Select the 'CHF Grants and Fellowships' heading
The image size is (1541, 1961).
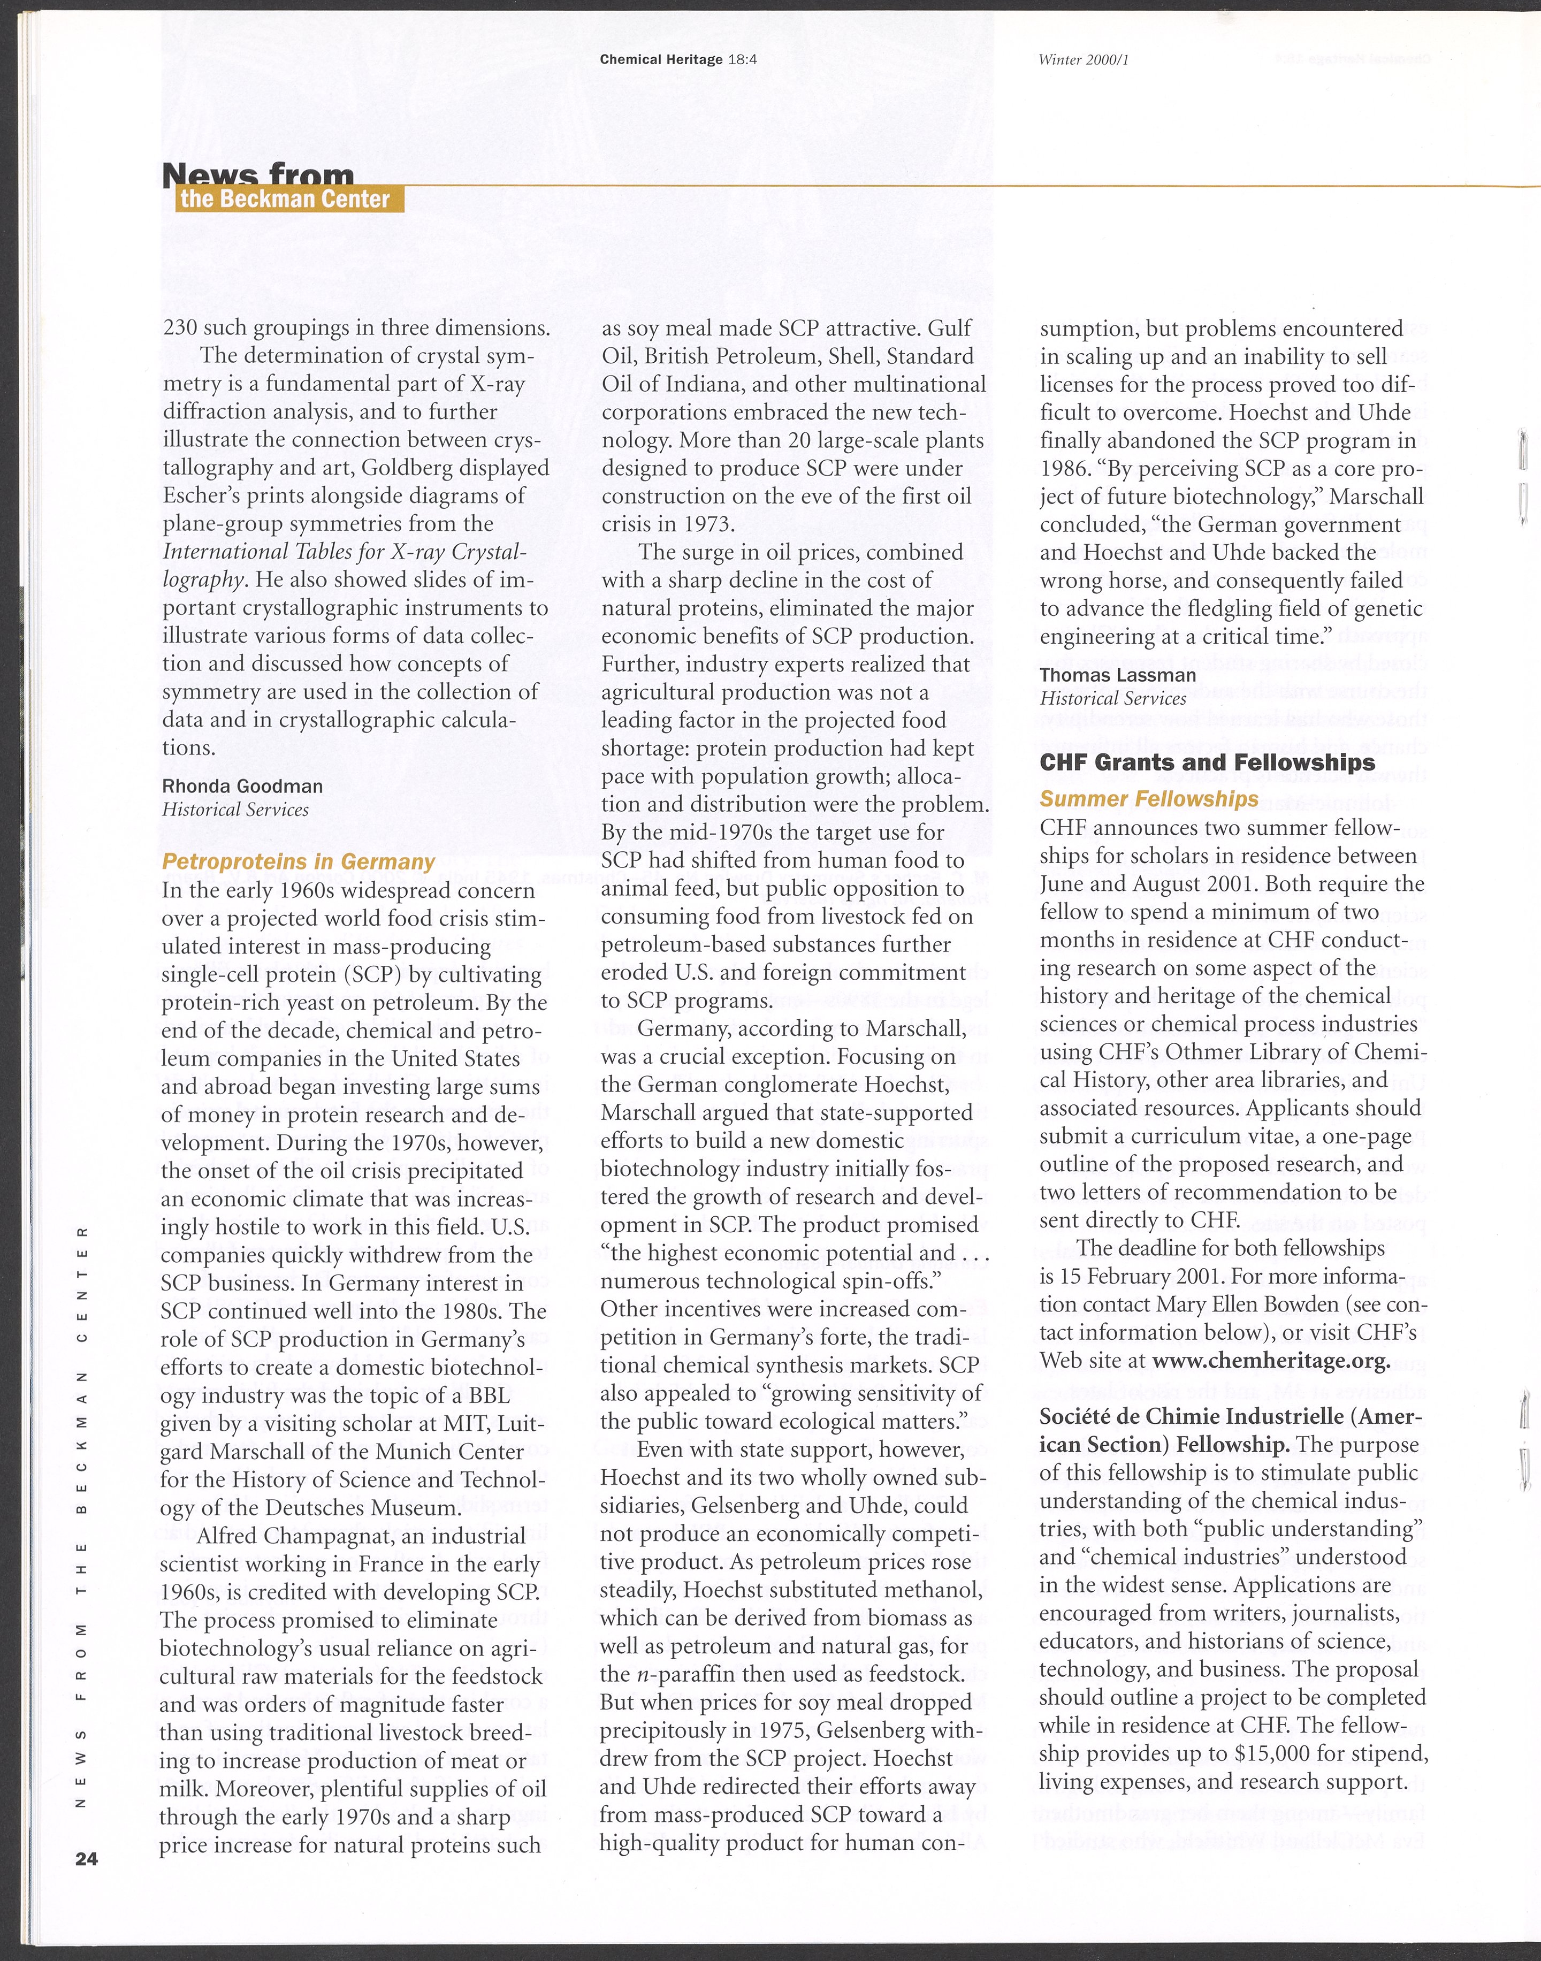(x=1207, y=762)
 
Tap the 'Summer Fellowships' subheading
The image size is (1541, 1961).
(x=1149, y=799)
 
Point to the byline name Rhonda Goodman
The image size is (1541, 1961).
(x=242, y=785)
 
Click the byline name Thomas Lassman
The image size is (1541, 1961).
(x=1118, y=675)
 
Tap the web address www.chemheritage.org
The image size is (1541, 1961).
(x=1270, y=1360)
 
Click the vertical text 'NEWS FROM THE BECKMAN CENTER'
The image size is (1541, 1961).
(x=80, y=1515)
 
